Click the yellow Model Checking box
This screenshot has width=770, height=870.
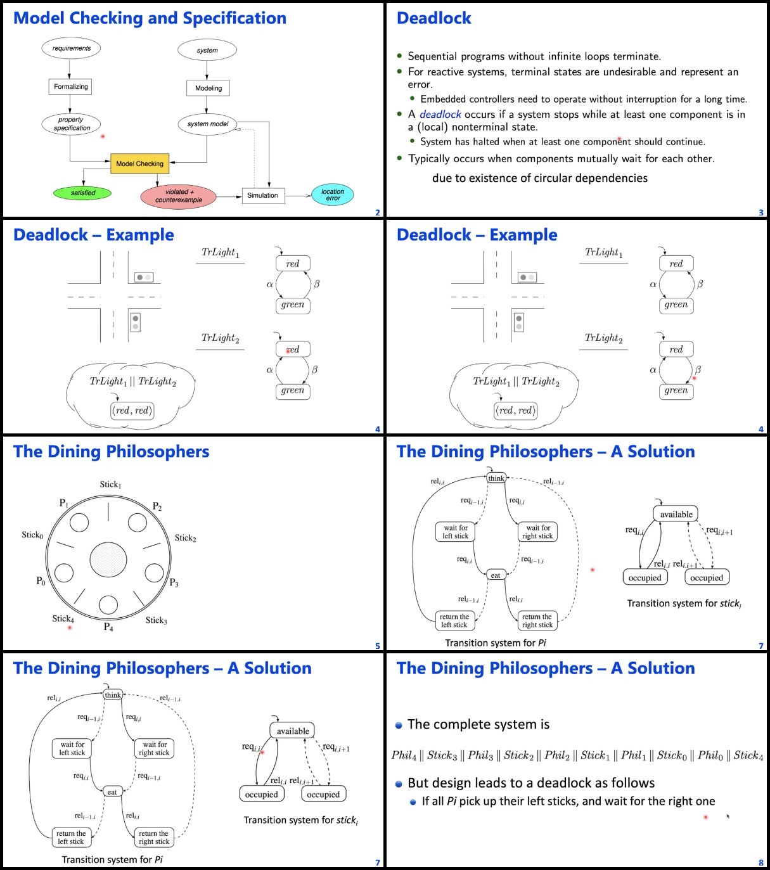(139, 163)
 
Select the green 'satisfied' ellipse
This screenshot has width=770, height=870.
(82, 193)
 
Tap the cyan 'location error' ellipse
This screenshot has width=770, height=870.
(332, 195)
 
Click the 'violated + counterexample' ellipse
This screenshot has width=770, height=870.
(178, 196)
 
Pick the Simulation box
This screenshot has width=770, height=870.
(263, 195)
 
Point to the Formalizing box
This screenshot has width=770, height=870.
(70, 86)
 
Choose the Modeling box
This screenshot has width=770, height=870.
(208, 88)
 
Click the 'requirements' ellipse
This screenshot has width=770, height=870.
(71, 48)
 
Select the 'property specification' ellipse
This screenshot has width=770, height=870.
(71, 124)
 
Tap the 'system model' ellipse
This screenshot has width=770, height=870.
(207, 124)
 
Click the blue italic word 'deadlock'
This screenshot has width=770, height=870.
(440, 114)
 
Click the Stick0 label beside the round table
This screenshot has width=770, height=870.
(33, 535)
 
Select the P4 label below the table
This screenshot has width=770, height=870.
(108, 627)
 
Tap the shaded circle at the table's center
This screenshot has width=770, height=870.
(108, 560)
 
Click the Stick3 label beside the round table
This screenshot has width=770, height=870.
(157, 620)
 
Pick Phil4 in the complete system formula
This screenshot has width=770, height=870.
(404, 755)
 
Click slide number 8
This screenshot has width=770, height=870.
(761, 862)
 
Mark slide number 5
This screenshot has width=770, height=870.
(378, 646)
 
